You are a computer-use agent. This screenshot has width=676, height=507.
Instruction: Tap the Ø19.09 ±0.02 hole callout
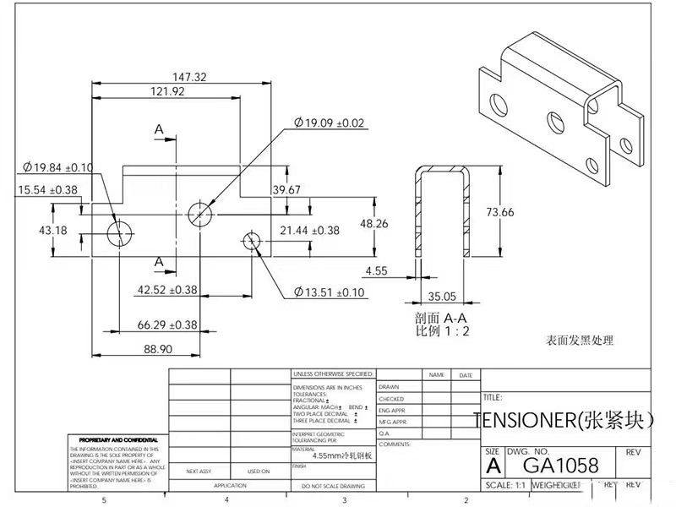pyautogui.click(x=330, y=123)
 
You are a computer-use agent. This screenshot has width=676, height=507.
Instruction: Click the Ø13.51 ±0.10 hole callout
pyautogui.click(x=330, y=292)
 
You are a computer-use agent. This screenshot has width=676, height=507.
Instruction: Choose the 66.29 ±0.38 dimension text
pyautogui.click(x=167, y=324)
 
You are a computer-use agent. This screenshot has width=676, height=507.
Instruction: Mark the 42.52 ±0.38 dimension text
pyautogui.click(x=167, y=290)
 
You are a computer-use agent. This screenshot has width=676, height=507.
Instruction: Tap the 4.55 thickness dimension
pyautogui.click(x=377, y=271)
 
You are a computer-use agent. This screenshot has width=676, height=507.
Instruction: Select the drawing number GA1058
pyautogui.click(x=561, y=466)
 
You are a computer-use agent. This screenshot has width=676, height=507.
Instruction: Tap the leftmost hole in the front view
pyautogui.click(x=120, y=230)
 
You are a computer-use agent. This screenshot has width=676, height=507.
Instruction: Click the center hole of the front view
pyautogui.click(x=199, y=211)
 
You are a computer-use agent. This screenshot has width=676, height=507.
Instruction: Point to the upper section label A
pyautogui.click(x=159, y=129)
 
